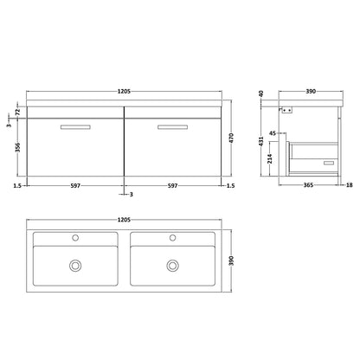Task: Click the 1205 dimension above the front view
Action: click(x=125, y=92)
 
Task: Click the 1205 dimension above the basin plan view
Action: click(x=125, y=220)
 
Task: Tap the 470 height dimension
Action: click(x=231, y=138)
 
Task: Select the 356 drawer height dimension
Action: click(x=18, y=147)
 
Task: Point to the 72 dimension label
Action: click(x=17, y=111)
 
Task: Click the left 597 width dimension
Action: click(x=75, y=186)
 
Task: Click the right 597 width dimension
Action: click(x=172, y=186)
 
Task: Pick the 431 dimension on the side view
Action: click(x=261, y=141)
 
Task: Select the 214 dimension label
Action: click(x=270, y=158)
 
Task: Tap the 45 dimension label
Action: click(x=273, y=133)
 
